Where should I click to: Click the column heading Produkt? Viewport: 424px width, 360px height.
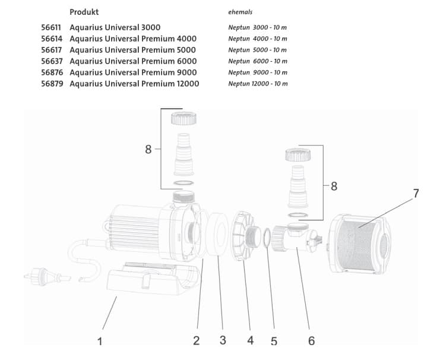tap(84, 12)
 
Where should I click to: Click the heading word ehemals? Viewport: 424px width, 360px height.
tap(240, 12)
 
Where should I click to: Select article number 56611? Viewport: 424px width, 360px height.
tap(52, 27)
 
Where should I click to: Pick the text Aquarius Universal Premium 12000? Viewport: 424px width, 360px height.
tap(134, 84)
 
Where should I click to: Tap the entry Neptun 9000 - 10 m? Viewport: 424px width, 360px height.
tap(257, 72)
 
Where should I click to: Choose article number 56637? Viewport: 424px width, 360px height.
tap(52, 61)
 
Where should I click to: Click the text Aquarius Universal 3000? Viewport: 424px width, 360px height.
tap(115, 27)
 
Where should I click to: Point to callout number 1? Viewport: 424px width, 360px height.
tap(100, 341)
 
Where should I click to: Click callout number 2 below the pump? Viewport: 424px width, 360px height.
tap(196, 340)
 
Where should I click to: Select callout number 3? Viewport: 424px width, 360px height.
tap(223, 340)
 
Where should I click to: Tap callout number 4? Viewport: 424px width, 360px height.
tap(250, 340)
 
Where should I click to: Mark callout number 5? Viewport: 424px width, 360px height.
tap(274, 341)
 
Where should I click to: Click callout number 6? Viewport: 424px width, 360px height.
tap(311, 340)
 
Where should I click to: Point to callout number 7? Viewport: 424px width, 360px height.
tap(416, 194)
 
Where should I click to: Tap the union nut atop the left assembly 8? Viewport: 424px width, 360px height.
tap(183, 118)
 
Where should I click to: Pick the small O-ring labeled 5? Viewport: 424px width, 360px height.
tap(267, 238)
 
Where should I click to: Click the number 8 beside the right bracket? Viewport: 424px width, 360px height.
tap(334, 186)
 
